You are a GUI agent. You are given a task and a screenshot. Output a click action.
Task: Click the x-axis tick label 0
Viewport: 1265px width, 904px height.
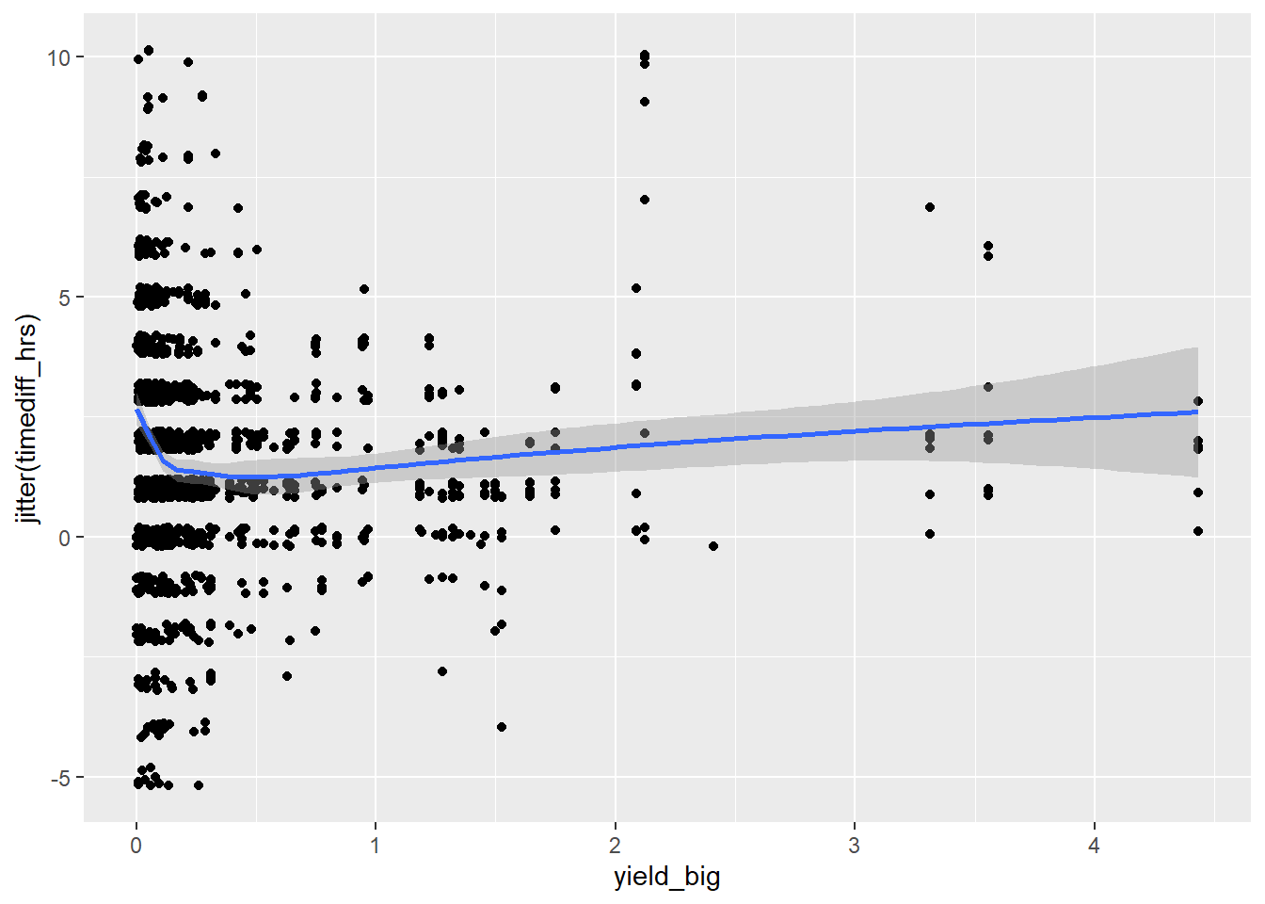(x=136, y=846)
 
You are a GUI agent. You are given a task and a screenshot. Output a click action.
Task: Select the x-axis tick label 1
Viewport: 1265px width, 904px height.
(x=376, y=846)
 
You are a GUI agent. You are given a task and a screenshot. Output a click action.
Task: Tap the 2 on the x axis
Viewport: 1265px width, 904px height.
(x=615, y=846)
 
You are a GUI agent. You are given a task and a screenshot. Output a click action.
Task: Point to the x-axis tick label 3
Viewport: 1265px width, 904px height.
(x=855, y=846)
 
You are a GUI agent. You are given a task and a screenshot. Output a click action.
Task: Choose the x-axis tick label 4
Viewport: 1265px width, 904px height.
(x=1094, y=846)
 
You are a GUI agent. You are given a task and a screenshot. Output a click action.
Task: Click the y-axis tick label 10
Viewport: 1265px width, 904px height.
(x=58, y=57)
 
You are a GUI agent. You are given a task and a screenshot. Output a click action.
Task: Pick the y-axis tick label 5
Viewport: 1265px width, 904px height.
(x=64, y=298)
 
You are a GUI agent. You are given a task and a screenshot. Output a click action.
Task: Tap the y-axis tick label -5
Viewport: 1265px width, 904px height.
(x=60, y=778)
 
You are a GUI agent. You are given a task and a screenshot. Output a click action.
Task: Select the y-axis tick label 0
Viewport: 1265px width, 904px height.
(x=64, y=538)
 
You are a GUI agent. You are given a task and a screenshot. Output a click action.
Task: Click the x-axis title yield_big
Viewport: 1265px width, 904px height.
(x=666, y=878)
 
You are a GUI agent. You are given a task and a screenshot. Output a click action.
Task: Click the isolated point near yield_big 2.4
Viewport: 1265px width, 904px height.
(x=713, y=546)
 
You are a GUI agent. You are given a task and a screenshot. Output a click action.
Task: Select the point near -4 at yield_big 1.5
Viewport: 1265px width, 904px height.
(x=502, y=727)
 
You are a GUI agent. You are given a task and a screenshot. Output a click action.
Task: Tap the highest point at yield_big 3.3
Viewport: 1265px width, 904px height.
(x=930, y=207)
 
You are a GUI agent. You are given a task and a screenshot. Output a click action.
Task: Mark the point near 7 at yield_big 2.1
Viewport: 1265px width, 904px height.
(x=645, y=200)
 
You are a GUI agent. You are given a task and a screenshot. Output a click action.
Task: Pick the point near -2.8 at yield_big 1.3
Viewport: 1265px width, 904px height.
(x=442, y=671)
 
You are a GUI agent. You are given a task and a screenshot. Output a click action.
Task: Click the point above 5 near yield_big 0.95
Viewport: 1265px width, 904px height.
(x=364, y=289)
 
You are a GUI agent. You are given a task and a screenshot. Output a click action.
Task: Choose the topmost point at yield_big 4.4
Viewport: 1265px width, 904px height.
(x=1198, y=401)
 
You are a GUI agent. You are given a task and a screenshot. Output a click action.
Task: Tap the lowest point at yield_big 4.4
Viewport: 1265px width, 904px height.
(x=1198, y=531)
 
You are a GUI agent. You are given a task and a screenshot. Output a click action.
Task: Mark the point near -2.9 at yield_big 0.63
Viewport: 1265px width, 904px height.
(x=287, y=676)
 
